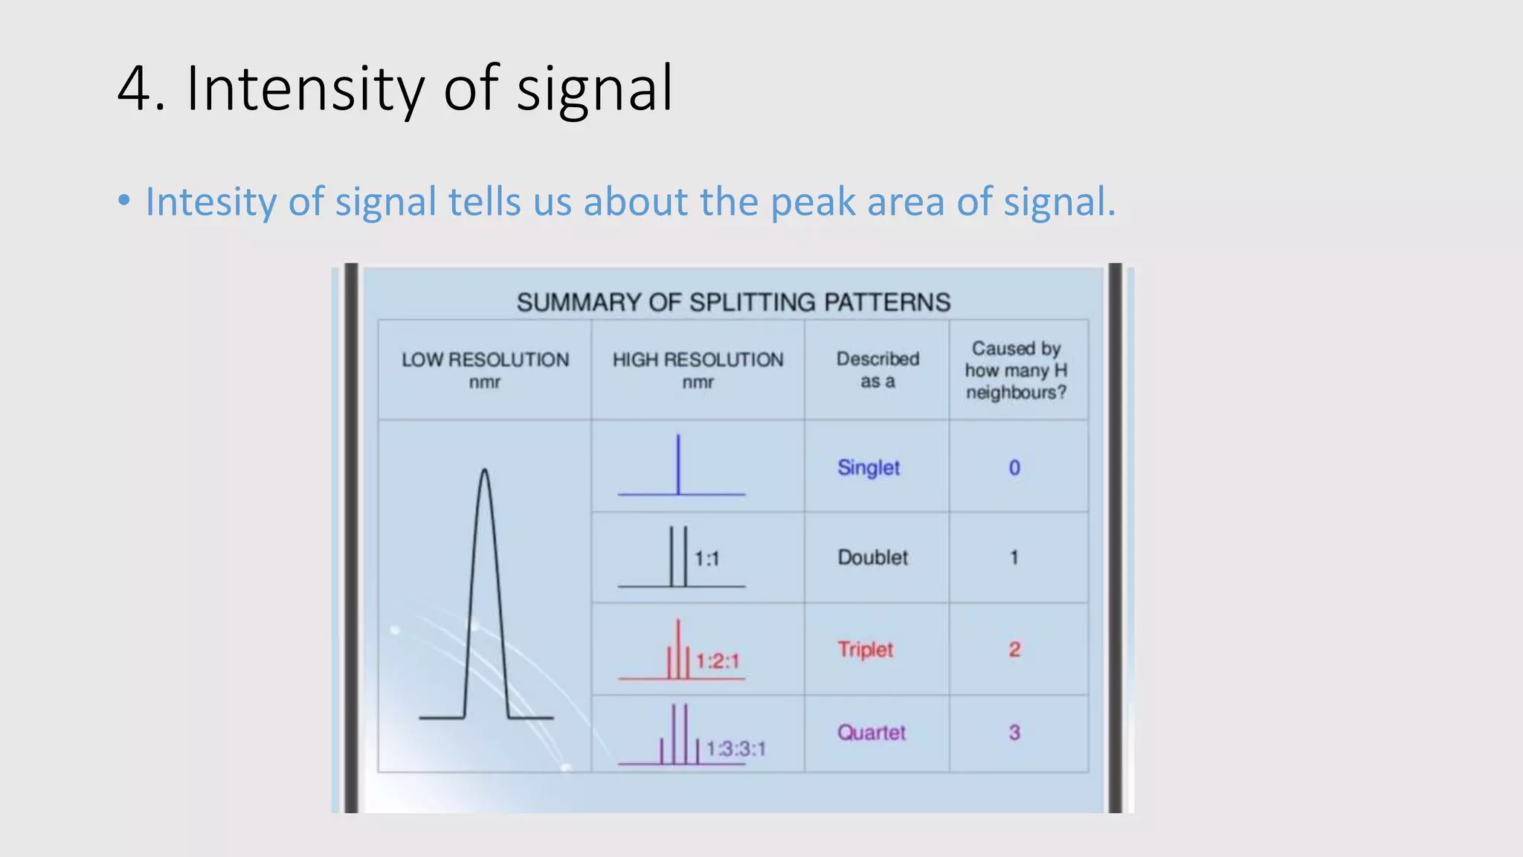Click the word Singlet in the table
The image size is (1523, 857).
pyautogui.click(x=868, y=467)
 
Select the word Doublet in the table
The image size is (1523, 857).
pyautogui.click(x=872, y=557)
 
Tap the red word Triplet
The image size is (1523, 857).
pyautogui.click(x=865, y=649)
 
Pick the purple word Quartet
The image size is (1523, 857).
pyautogui.click(x=872, y=733)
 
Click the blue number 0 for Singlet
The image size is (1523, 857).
pyautogui.click(x=1014, y=467)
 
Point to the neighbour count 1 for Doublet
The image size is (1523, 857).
pyautogui.click(x=1014, y=557)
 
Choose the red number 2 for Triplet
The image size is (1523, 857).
pyautogui.click(x=1014, y=649)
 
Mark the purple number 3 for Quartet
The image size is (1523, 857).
pyautogui.click(x=1014, y=733)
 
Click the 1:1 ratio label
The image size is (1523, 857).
pyautogui.click(x=706, y=559)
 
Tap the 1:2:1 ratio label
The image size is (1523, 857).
pyautogui.click(x=718, y=661)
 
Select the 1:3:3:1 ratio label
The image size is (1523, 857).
pyautogui.click(x=735, y=748)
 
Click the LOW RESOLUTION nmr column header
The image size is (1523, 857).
pyautogui.click(x=485, y=370)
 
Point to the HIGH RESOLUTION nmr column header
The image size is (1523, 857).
pyautogui.click(x=698, y=370)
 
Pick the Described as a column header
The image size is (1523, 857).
pyautogui.click(x=878, y=370)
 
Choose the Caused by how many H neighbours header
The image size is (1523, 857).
pyautogui.click(x=1016, y=370)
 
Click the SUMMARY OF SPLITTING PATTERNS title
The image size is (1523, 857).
pyautogui.click(x=733, y=302)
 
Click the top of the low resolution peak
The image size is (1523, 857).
pyautogui.click(x=485, y=470)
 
